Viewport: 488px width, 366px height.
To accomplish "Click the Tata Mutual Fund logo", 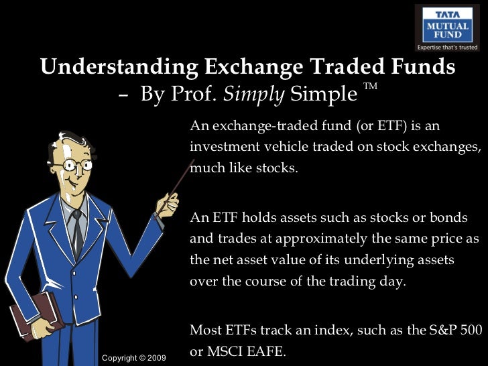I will coord(447,28).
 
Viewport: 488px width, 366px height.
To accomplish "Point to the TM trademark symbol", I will coord(370,87).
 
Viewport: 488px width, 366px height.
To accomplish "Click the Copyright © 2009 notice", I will coord(133,357).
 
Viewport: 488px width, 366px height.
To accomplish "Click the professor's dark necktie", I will coord(78,231).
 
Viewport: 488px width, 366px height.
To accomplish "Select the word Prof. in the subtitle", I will coord(198,95).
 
